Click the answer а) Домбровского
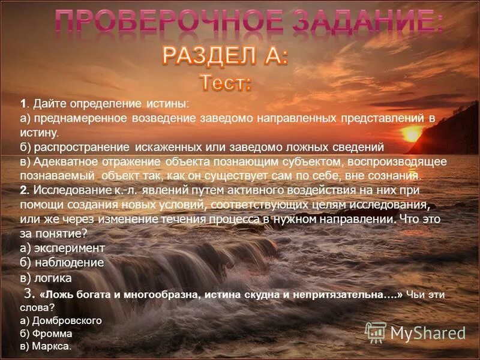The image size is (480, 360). pyautogui.click(x=61, y=320)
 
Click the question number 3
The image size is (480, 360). pyautogui.click(x=27, y=293)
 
